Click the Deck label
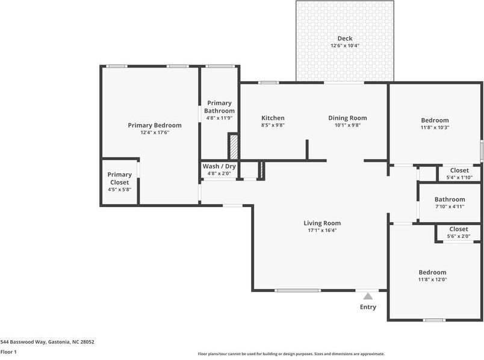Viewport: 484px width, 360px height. click(x=344, y=39)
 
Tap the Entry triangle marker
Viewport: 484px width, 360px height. click(x=368, y=296)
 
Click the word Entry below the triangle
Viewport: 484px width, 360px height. click(x=368, y=307)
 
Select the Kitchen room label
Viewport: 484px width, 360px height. click(x=273, y=118)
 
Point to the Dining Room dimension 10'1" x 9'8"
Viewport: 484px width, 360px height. click(x=347, y=126)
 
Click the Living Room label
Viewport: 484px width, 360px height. click(x=321, y=223)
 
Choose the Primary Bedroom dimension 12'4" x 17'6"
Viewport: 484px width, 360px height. click(x=154, y=132)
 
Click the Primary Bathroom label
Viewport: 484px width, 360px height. click(x=219, y=107)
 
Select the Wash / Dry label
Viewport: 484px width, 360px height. click(x=219, y=166)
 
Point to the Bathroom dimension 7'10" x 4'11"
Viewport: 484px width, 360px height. click(x=450, y=206)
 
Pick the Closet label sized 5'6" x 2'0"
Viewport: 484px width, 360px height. click(x=458, y=229)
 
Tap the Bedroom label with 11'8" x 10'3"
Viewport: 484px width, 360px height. click(x=434, y=120)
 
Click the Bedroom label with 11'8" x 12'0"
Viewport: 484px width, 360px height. click(x=432, y=272)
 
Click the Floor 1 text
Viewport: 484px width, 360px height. click(x=8, y=352)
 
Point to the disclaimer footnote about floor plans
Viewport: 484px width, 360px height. click(x=291, y=354)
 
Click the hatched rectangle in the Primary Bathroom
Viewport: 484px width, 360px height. click(x=234, y=147)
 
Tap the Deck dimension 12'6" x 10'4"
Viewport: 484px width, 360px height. click(x=344, y=46)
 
